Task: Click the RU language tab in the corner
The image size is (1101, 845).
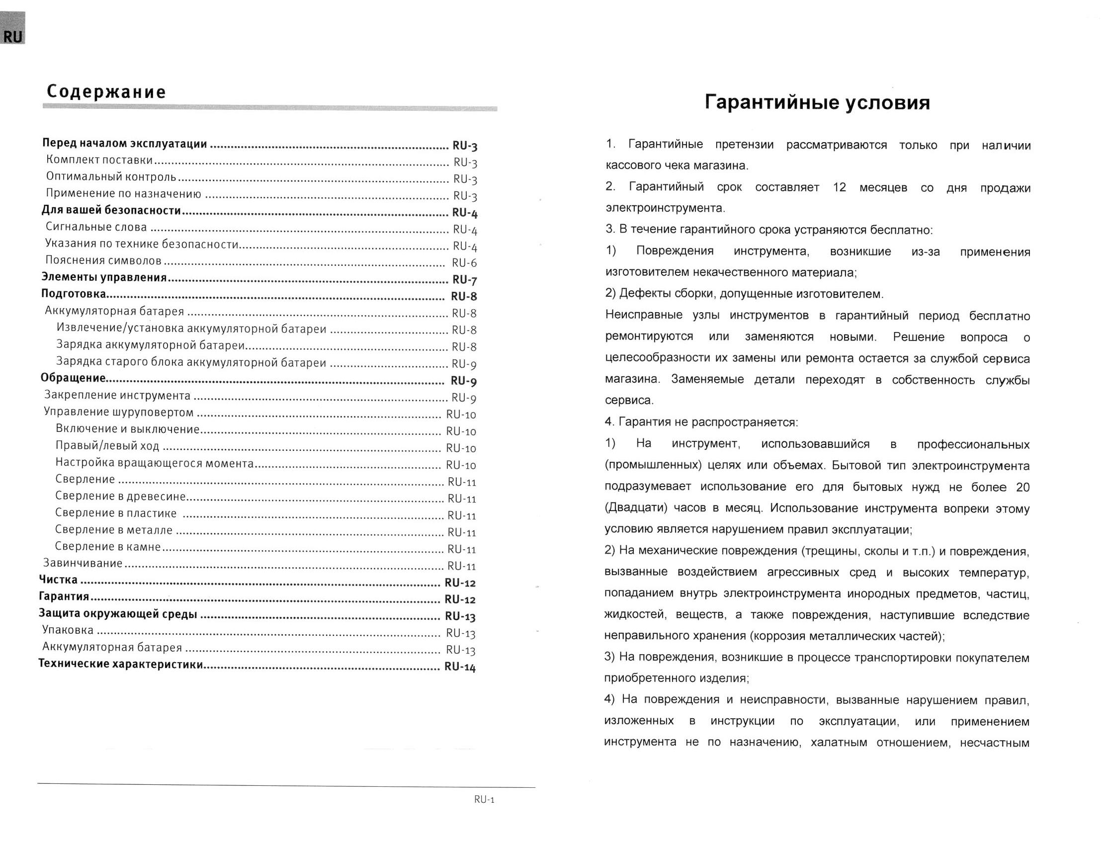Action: click(x=12, y=36)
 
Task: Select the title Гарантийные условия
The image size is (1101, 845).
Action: click(x=817, y=102)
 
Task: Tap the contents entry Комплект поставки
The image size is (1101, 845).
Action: click(x=99, y=160)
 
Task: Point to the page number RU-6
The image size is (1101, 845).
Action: click(x=464, y=262)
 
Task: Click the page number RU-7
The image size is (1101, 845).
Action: click(x=464, y=280)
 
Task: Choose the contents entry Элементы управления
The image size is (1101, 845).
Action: click(x=104, y=277)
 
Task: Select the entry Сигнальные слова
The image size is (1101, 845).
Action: click(x=96, y=227)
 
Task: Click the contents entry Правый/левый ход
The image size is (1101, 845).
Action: click(x=107, y=446)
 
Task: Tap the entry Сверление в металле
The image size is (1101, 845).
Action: click(x=114, y=530)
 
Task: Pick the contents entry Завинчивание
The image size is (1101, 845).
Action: click(x=83, y=563)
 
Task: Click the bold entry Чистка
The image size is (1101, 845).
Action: click(x=58, y=580)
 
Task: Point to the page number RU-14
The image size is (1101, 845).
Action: click(x=460, y=667)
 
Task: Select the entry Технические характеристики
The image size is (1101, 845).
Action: click(x=121, y=664)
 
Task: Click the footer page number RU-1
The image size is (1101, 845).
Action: click(x=484, y=800)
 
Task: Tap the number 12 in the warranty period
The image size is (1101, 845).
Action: click(x=840, y=187)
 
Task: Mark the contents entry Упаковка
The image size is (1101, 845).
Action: click(x=68, y=630)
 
